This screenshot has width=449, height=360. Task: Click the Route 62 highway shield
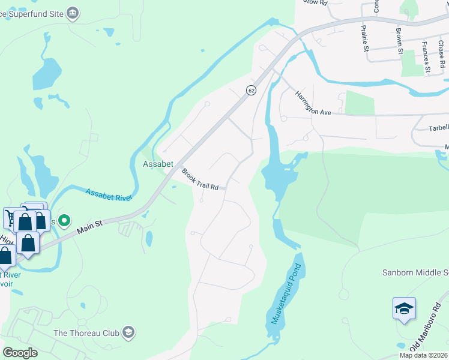(x=251, y=90)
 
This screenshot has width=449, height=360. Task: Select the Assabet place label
(x=158, y=164)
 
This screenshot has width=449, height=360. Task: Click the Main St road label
(x=91, y=227)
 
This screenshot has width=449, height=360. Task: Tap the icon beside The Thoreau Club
(x=128, y=332)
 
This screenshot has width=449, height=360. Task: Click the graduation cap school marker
(x=404, y=308)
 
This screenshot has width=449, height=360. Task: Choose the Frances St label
(x=426, y=57)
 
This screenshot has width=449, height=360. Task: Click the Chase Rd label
(x=442, y=55)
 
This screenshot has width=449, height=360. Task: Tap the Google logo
(x=20, y=353)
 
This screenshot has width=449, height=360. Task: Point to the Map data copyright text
(x=423, y=355)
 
